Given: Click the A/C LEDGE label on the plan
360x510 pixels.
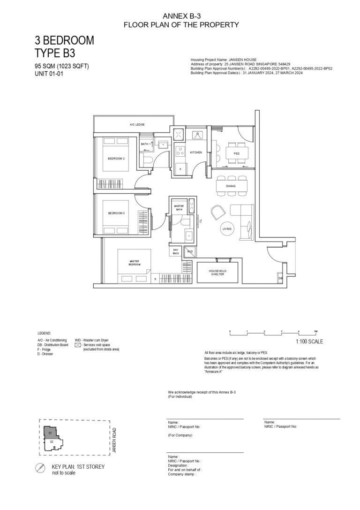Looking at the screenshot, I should [x=137, y=125].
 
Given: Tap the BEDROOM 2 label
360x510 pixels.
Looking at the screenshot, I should [x=116, y=159].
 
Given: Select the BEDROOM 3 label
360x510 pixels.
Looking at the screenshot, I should [x=116, y=213].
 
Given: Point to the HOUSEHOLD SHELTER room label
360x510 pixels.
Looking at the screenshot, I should [x=217, y=273].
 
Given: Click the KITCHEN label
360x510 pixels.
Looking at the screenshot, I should [x=196, y=152].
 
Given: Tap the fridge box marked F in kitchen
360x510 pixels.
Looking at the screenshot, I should [x=180, y=168].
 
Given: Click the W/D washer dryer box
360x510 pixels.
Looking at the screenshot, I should [x=190, y=251].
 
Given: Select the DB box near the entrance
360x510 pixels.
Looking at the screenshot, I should [x=280, y=278].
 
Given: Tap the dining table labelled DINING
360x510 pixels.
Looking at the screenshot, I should [x=230, y=186].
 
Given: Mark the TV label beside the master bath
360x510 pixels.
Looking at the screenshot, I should [x=200, y=221].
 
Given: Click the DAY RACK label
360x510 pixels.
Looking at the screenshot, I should [x=176, y=251].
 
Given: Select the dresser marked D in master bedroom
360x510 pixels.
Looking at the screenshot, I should [x=155, y=279].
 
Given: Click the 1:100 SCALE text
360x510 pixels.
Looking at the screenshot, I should [x=309, y=342].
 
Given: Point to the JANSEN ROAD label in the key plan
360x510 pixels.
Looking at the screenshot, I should [x=114, y=440].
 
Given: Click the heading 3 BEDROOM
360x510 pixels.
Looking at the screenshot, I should [x=64, y=40].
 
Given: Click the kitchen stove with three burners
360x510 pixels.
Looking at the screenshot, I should [x=180, y=151].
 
